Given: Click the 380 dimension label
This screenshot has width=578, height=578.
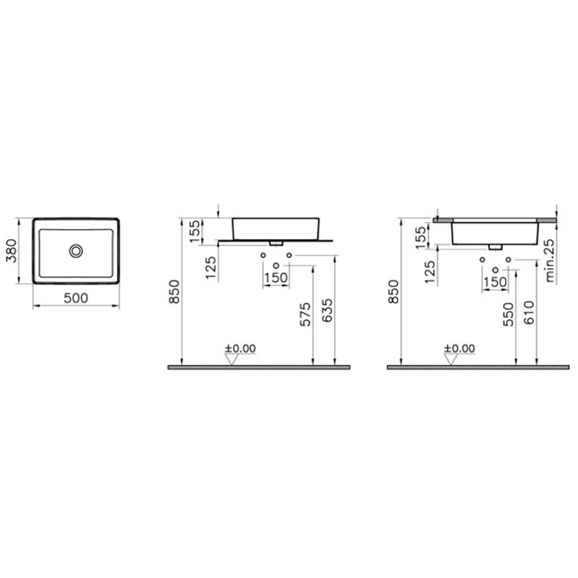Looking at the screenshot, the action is coord(12,251).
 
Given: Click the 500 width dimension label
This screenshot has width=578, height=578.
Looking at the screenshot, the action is coord(76,298).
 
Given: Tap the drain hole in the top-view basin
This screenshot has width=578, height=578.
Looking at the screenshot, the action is coord(76,251).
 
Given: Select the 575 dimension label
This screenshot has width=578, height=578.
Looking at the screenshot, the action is coord(305,314).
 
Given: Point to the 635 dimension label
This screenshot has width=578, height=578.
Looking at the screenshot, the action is coord(327,311).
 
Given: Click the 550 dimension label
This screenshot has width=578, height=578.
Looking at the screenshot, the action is coord(509,314).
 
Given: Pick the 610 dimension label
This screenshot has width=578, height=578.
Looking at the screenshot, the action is coord(529,313).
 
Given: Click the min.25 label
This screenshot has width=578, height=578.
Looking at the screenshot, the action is coord(549,261).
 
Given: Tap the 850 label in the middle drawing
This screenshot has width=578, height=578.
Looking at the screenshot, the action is coord(174,292).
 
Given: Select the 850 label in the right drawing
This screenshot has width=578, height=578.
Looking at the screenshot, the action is coord(394,292).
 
